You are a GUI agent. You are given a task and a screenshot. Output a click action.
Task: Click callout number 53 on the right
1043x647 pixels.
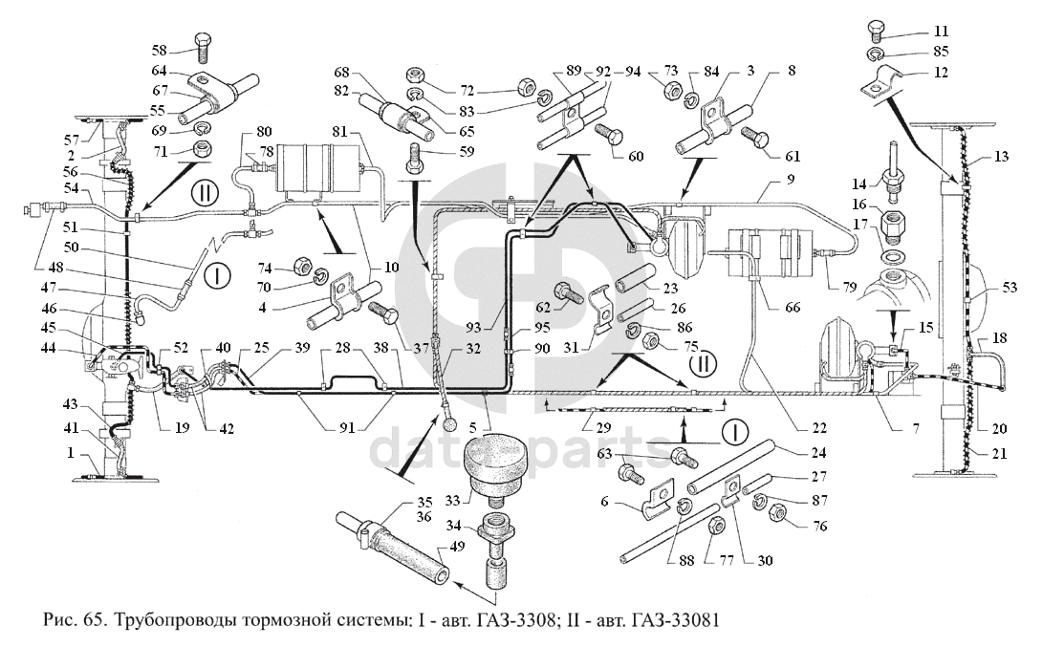[1010, 288]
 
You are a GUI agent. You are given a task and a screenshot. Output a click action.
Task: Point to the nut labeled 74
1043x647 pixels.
[299, 265]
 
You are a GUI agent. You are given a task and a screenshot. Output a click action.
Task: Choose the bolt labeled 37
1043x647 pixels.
[381, 313]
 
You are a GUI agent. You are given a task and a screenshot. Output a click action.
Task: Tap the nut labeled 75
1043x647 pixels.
[653, 342]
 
